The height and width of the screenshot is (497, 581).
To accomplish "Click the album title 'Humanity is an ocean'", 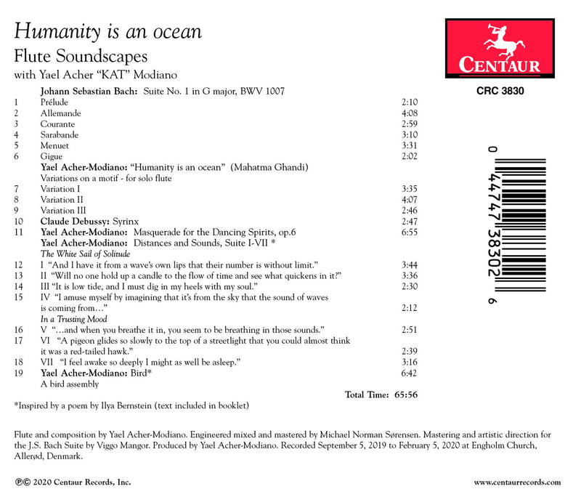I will [x=108, y=31].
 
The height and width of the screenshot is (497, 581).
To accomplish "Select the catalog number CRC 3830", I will [x=501, y=92].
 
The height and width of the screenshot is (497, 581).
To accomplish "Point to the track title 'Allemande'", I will [x=61, y=113].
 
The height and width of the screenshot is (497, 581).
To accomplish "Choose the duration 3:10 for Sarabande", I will [x=410, y=135].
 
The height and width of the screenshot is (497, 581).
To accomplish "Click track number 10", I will [x=19, y=220].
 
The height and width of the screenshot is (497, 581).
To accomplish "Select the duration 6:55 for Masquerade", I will [x=410, y=231].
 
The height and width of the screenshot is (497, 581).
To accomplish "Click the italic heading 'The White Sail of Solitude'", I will [x=85, y=254].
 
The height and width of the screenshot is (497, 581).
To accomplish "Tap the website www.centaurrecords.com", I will [x=517, y=482].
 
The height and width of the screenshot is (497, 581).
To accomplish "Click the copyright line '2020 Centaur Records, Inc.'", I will [x=68, y=482].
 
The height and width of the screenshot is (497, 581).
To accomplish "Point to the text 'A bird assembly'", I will [x=69, y=384].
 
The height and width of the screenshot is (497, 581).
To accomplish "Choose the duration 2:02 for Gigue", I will [x=410, y=156].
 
